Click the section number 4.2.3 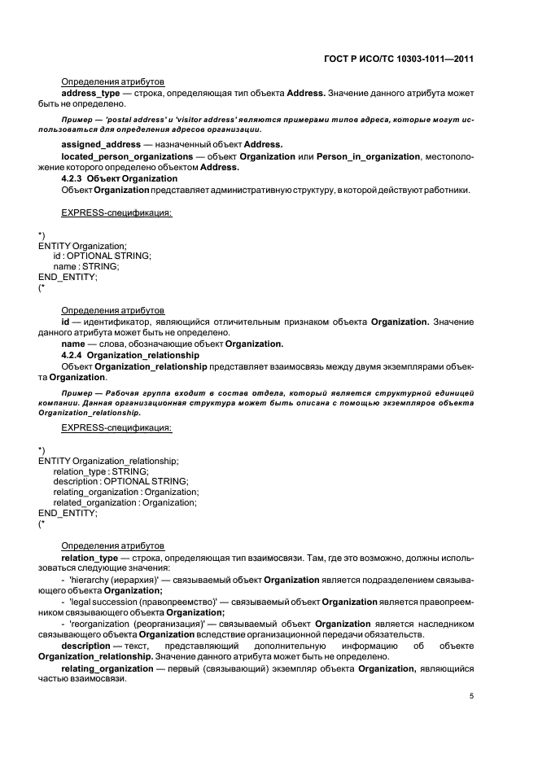pos(72,178)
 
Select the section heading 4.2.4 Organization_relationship pos(130,356)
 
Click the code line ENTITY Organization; pos(82,245)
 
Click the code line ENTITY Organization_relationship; pos(108,460)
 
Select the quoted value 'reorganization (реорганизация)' pos(133,624)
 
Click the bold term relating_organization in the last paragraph pos(107,668)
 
